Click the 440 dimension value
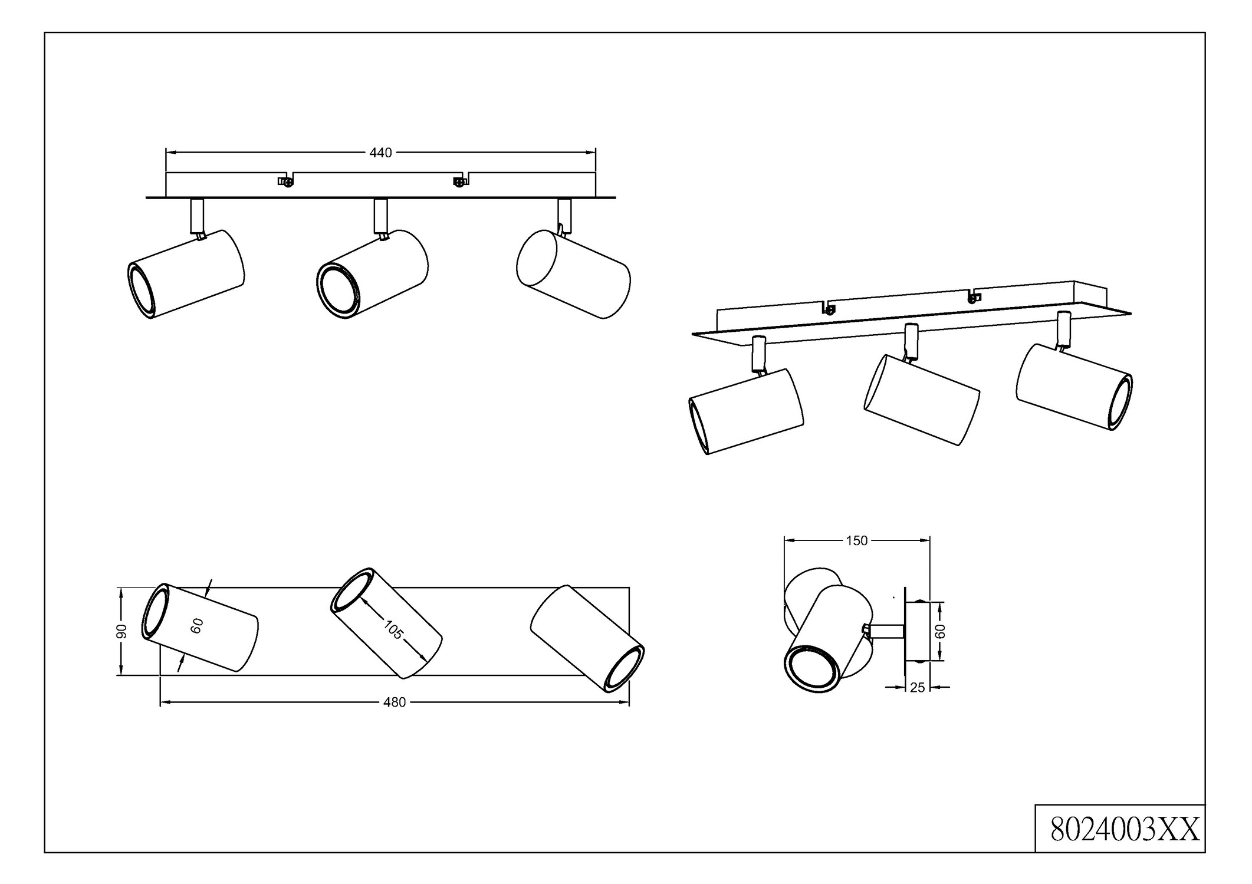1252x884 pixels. pyautogui.click(x=380, y=153)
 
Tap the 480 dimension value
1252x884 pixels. pyautogui.click(x=395, y=702)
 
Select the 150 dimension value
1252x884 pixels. pyautogui.click(x=856, y=540)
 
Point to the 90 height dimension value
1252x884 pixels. pyautogui.click(x=121, y=631)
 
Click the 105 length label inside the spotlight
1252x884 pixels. pyautogui.click(x=393, y=630)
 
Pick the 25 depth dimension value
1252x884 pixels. pyautogui.click(x=918, y=687)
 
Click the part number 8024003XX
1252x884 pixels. pyautogui.click(x=1125, y=830)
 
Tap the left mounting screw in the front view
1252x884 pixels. pyautogui.click(x=286, y=182)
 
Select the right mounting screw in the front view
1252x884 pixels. pyautogui.click(x=458, y=182)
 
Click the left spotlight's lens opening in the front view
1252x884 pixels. pyautogui.click(x=142, y=292)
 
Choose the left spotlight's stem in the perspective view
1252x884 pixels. pyautogui.click(x=759, y=352)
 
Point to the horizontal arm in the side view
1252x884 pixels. pyautogui.click(x=887, y=631)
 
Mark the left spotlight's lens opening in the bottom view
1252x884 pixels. pyautogui.click(x=155, y=611)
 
